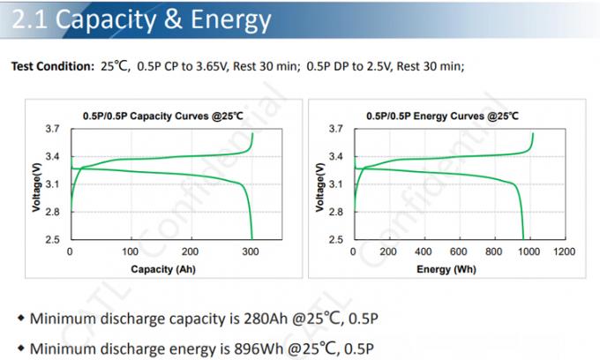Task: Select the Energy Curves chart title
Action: click(442, 116)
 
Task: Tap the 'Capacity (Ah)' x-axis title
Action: click(162, 268)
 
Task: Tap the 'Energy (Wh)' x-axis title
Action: click(446, 268)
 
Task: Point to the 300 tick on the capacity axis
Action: click(252, 251)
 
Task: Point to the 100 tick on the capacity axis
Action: click(131, 251)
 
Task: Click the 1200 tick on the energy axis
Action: click(563, 251)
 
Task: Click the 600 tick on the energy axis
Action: click(458, 251)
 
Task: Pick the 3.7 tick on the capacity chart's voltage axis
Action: click(52, 129)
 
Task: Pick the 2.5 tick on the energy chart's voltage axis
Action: click(336, 239)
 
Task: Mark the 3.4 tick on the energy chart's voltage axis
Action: click(336, 157)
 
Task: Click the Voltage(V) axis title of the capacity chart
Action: click(36, 184)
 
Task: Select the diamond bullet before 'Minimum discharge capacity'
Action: click(20, 318)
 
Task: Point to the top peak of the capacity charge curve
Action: click(252, 133)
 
